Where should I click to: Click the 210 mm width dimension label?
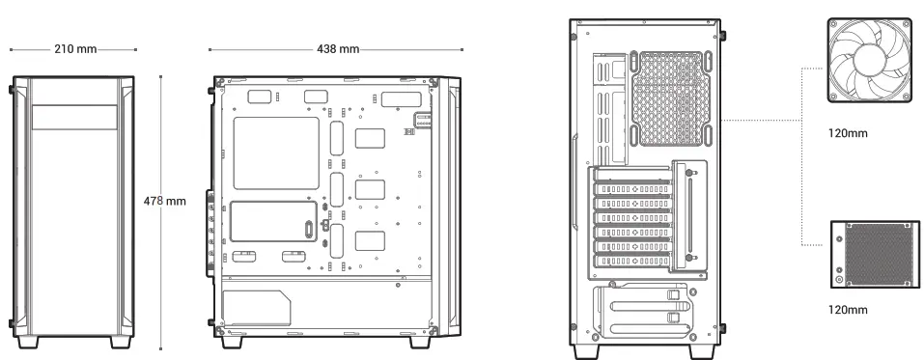(73, 49)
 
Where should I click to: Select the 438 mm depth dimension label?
(337, 49)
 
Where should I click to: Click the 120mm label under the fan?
(848, 133)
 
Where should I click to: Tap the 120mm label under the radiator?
(848, 310)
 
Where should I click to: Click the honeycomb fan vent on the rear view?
(675, 97)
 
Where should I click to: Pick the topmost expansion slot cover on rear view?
(633, 189)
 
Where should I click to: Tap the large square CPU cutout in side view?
(276, 152)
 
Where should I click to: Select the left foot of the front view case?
(30, 343)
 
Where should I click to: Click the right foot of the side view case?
(422, 343)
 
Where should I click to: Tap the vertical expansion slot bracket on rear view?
(689, 214)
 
